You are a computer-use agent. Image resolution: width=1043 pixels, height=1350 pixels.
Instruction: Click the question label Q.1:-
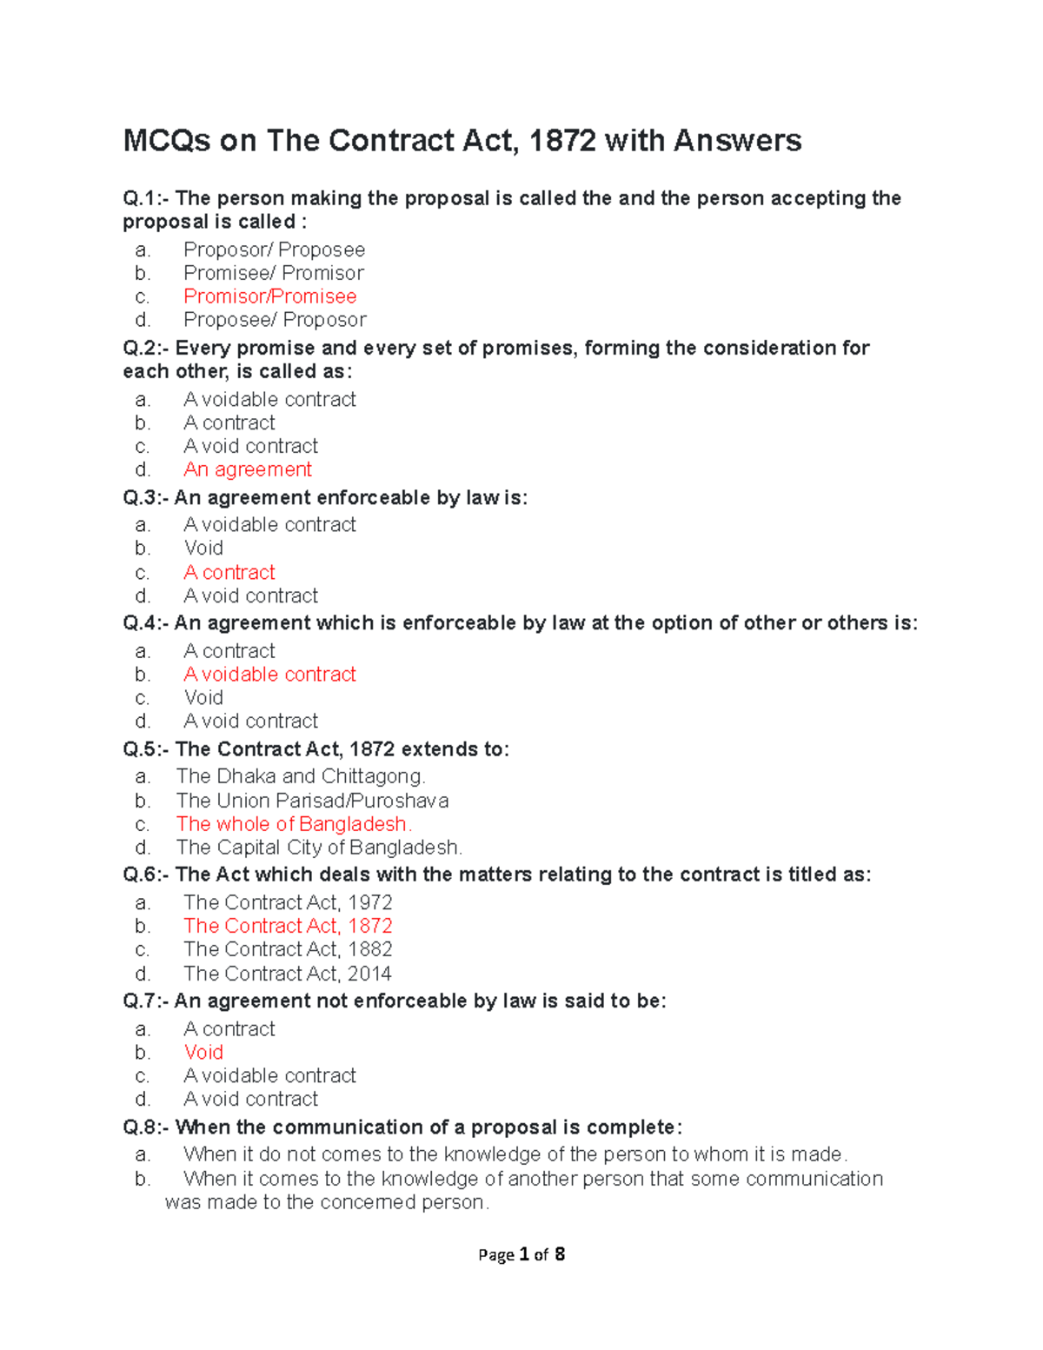point(146,199)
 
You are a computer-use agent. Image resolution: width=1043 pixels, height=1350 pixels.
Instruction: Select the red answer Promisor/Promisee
point(269,296)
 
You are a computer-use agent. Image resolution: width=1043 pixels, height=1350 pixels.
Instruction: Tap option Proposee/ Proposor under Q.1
point(275,320)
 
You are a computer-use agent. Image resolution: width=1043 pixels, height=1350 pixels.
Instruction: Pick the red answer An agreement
point(248,469)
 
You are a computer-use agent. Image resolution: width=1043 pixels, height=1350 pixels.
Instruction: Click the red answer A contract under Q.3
point(229,572)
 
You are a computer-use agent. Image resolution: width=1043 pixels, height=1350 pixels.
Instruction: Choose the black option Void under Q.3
point(203,549)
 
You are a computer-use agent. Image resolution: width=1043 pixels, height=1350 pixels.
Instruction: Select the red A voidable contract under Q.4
point(269,675)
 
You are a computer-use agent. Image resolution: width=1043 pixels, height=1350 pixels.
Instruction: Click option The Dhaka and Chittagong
point(301,776)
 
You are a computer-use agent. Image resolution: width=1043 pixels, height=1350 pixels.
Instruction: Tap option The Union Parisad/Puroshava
point(312,801)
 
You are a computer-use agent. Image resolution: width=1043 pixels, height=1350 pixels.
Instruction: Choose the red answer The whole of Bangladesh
point(294,824)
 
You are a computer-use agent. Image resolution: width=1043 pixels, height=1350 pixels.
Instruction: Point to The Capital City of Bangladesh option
point(319,848)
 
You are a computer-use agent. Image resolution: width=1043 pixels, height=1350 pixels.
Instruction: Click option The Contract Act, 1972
point(288,902)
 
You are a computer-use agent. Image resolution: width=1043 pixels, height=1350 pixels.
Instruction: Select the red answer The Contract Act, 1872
point(288,926)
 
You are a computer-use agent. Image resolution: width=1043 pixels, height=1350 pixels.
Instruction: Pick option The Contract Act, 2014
point(288,974)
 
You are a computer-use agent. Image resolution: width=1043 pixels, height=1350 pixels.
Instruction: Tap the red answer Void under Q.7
point(203,1052)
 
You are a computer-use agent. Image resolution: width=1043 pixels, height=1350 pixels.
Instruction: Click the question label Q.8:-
point(146,1127)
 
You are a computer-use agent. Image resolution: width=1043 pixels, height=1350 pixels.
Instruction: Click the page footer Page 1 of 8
point(521,1254)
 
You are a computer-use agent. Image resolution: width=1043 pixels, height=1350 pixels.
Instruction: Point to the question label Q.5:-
point(146,749)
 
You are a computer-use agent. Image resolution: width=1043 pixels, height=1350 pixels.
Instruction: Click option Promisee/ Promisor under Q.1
point(274,273)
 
